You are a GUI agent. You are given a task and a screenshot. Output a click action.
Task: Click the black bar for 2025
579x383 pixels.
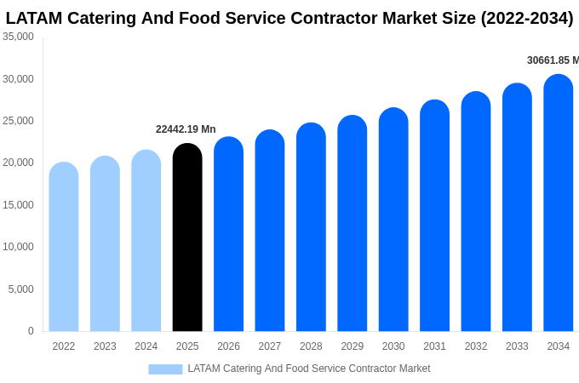187,238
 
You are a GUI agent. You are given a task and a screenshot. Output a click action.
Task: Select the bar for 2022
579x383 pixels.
64,247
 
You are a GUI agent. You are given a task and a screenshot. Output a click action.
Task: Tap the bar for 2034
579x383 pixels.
559,204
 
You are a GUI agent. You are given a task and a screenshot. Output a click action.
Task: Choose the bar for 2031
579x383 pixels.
434,217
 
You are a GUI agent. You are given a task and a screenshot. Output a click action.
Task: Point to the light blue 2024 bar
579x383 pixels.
146,242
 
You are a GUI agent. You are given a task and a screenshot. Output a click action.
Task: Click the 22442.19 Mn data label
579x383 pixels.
186,129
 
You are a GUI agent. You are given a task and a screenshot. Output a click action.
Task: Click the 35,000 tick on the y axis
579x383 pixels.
19,37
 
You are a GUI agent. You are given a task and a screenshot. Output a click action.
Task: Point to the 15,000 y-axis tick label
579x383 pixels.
19,205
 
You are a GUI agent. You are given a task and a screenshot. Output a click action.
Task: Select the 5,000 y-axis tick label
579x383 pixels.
21,289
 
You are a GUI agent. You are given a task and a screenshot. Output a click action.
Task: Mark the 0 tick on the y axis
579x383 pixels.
31,331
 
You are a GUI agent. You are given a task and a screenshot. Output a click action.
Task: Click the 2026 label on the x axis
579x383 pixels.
228,346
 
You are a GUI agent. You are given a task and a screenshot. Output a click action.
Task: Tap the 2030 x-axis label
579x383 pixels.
393,346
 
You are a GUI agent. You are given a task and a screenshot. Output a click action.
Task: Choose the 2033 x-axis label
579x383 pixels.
517,346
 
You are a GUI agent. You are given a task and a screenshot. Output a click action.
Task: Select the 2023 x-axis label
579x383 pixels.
105,346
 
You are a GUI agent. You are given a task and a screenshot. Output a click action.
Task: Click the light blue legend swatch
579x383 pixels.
165,369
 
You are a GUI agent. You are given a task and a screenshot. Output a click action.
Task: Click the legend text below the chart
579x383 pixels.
309,369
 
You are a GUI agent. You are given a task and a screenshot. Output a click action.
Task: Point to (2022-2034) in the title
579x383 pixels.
527,18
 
